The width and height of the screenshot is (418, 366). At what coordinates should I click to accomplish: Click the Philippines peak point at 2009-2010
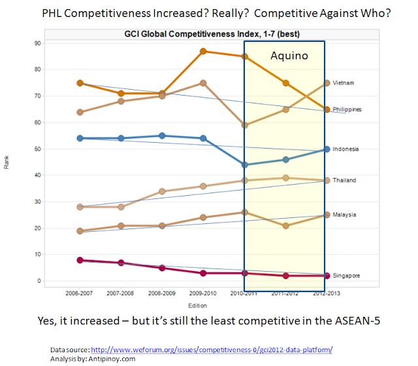[203, 51]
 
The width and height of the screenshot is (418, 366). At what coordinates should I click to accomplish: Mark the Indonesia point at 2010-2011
[245, 165]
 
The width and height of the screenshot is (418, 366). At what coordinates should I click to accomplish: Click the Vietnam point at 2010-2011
[245, 125]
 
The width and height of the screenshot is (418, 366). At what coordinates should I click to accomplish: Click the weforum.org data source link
[211, 350]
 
